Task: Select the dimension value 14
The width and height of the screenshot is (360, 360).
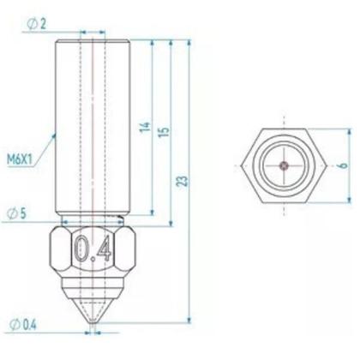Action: pyautogui.click(x=146, y=129)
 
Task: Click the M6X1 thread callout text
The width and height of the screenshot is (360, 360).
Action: pyautogui.click(x=21, y=159)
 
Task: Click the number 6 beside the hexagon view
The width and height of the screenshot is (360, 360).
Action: pyautogui.click(x=340, y=165)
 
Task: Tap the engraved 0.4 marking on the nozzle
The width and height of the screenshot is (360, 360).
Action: pyautogui.click(x=93, y=249)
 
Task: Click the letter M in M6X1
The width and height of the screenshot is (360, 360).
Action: pyautogui.click(x=10, y=159)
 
